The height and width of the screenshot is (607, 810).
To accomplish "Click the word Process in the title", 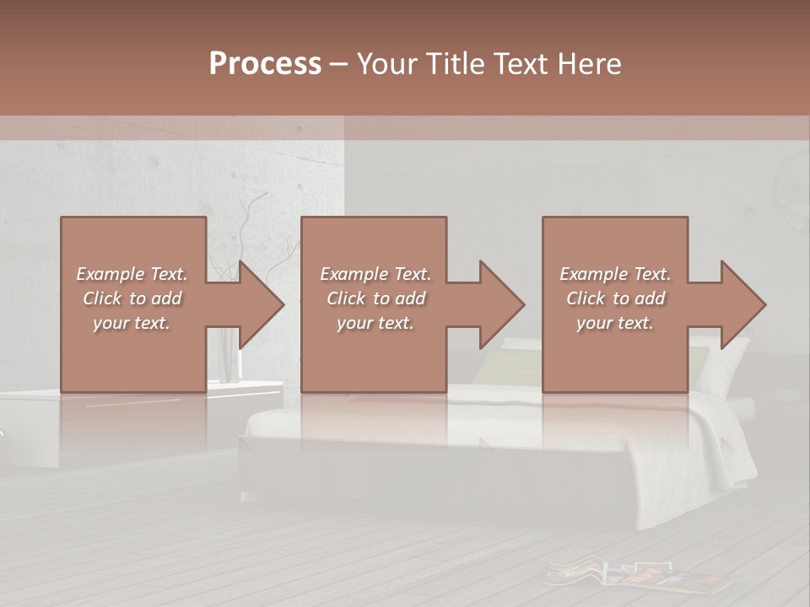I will [x=265, y=64].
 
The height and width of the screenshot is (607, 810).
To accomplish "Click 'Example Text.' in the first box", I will [x=132, y=274].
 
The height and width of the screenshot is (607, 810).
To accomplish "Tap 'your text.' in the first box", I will [x=132, y=323].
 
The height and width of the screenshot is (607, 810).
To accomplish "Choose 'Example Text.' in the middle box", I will [x=375, y=274].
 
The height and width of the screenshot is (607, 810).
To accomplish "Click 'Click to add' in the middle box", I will [x=375, y=298].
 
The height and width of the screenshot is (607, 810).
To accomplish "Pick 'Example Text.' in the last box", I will [x=615, y=274].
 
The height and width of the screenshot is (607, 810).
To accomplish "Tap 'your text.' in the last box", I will [x=615, y=323].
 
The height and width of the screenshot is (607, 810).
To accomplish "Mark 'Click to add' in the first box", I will [x=132, y=298].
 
